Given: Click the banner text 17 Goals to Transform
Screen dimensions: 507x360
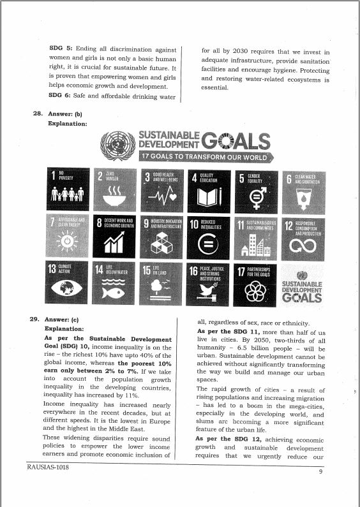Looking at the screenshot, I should pos(204,157).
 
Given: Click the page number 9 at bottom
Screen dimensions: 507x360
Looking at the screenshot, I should pos(321,473).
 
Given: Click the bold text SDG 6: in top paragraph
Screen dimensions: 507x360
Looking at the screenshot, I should pos(61,96).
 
